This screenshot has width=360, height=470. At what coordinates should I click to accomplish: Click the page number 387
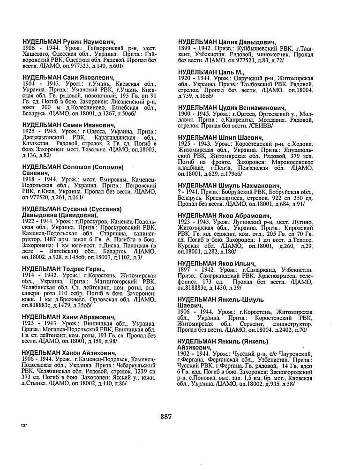[x=165, y=416]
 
